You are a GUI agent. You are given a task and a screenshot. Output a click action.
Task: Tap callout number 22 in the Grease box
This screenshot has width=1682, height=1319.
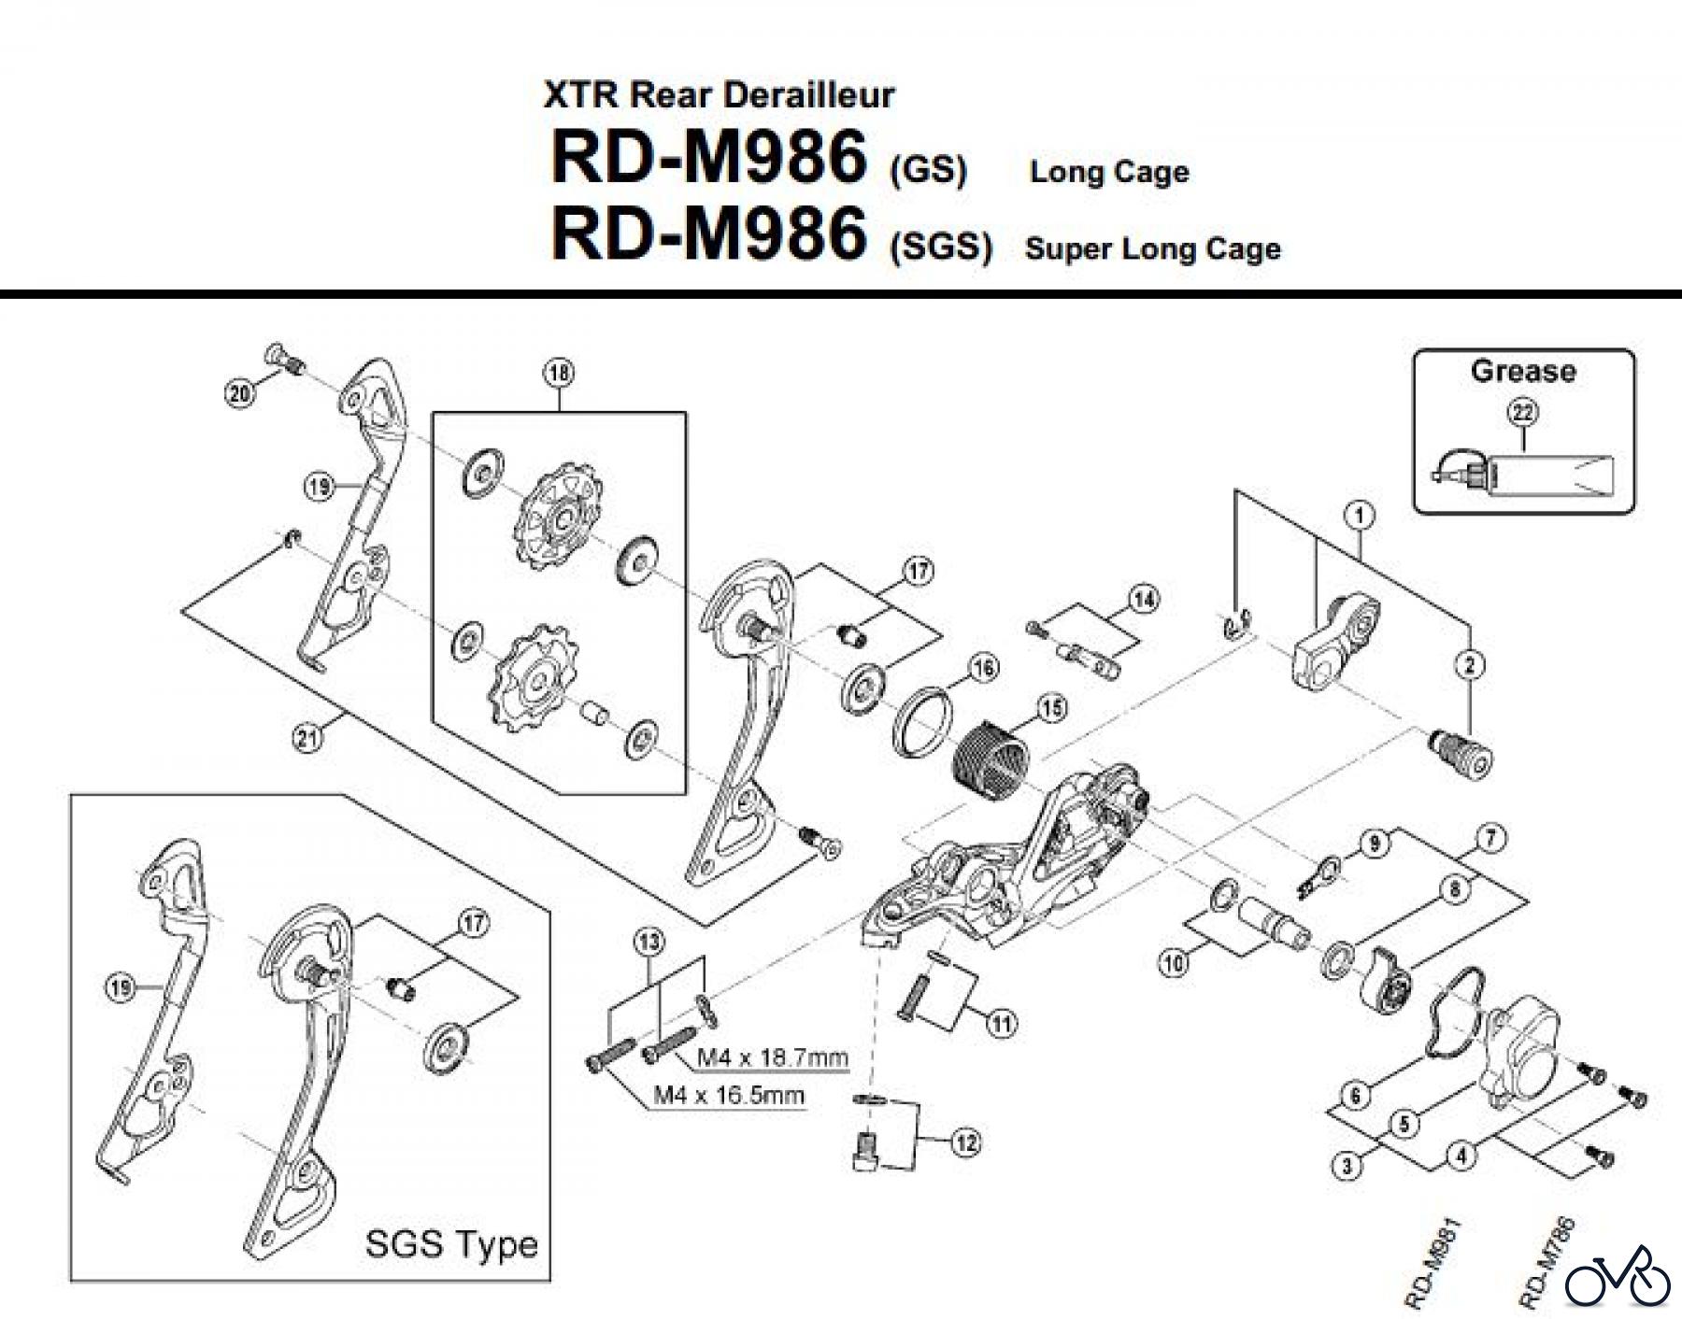pos(1522,412)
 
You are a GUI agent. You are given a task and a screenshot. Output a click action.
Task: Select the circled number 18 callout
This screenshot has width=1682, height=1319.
pos(558,374)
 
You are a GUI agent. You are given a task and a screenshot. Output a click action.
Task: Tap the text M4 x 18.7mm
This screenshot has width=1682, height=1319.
pos(774,1057)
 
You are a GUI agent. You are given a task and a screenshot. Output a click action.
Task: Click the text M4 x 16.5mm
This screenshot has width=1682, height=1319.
pos(729,1095)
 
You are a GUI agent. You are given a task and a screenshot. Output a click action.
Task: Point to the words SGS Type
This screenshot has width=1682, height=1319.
pos(451,1244)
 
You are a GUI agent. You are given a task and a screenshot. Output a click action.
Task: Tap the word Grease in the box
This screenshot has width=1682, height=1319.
pos(1523,371)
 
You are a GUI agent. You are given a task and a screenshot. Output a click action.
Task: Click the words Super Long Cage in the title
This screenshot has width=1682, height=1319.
pos(1152,248)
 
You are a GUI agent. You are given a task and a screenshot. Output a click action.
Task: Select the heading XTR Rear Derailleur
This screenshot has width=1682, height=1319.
pos(719,94)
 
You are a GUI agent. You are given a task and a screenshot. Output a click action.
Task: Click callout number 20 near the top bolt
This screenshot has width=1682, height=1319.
pos(239,394)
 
